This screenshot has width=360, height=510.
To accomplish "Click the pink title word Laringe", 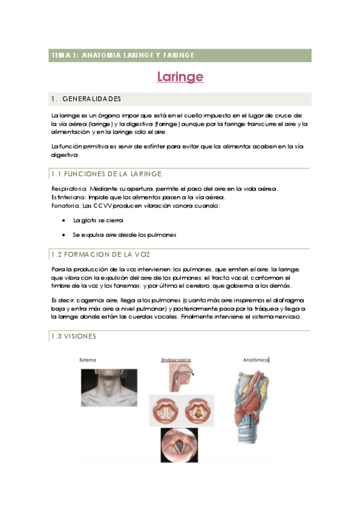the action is coord(180,77).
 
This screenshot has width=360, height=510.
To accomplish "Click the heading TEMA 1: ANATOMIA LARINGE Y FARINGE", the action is coord(123,55).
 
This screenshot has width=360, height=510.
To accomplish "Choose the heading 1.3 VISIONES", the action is coord(73,336).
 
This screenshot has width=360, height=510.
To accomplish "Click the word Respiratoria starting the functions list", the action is coord(69,189).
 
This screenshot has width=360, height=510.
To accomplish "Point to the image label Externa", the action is coord(88,360).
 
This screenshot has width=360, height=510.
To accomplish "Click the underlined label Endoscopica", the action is coord(176,360).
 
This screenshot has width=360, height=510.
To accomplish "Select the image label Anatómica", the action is coord(255,360).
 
